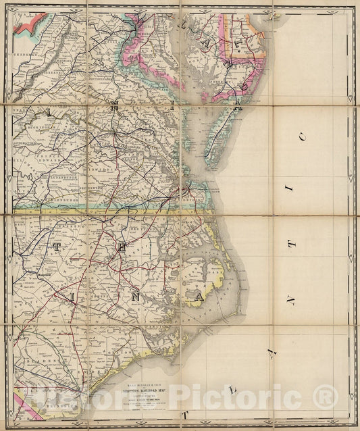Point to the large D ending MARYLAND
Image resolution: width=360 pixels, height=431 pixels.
[x=236, y=108]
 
